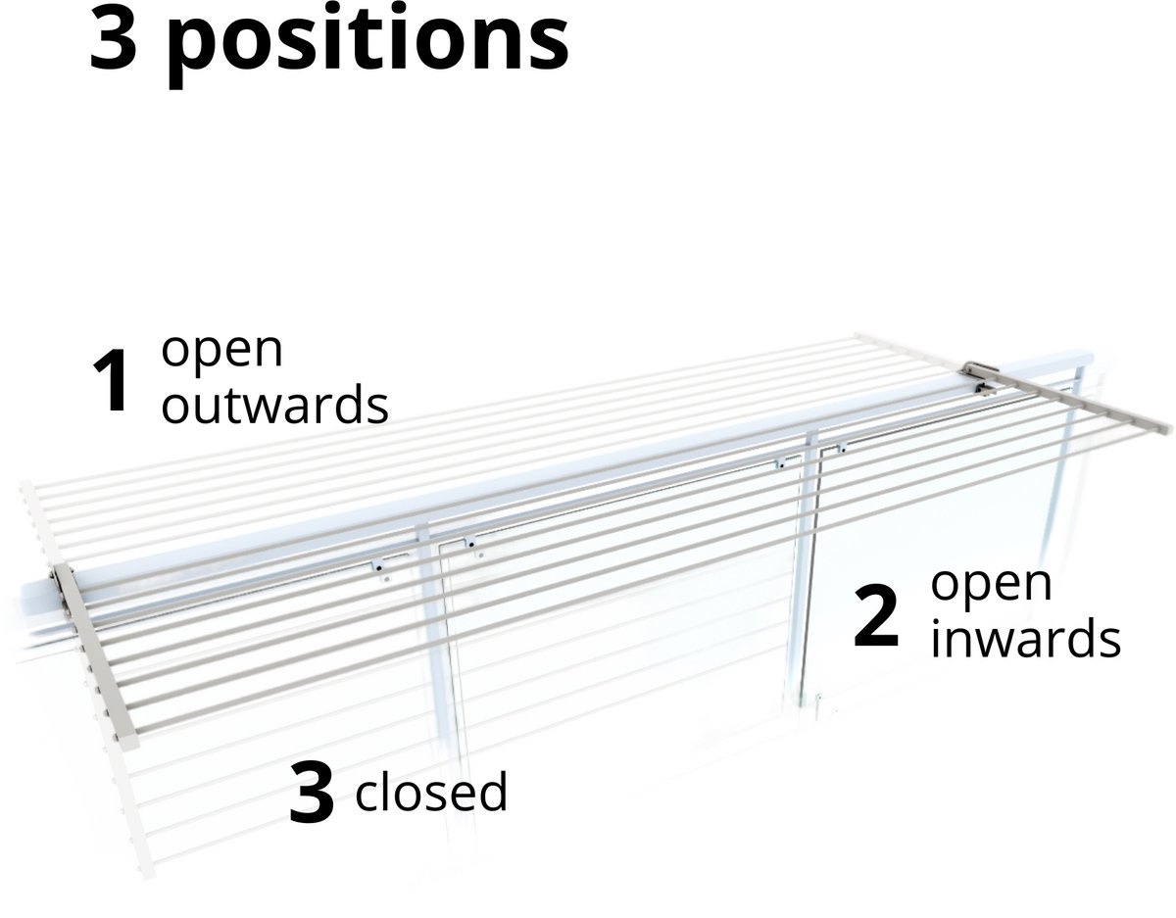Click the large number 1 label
tap(111, 380)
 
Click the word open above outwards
tap(221, 352)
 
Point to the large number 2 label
tap(876, 616)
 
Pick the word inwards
tap(1025, 639)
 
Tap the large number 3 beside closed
tap(312, 792)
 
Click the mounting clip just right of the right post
tap(841, 448)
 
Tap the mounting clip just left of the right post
tap(780, 463)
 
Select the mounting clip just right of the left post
tap(471, 543)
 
